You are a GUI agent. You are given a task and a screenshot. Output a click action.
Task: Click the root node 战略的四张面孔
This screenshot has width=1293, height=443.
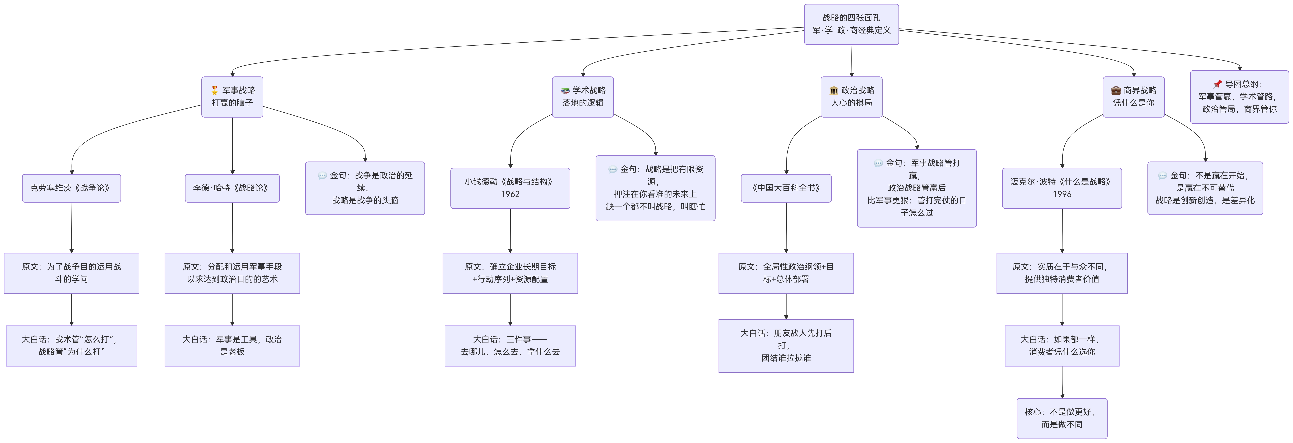tap(851, 24)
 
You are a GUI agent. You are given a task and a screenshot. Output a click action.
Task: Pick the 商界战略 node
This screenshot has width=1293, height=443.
tap(1133, 96)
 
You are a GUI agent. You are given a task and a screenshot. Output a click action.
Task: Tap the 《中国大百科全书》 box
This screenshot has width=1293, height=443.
tap(786, 188)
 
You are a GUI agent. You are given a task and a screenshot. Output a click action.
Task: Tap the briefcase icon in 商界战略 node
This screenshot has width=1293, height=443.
tap(1116, 90)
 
